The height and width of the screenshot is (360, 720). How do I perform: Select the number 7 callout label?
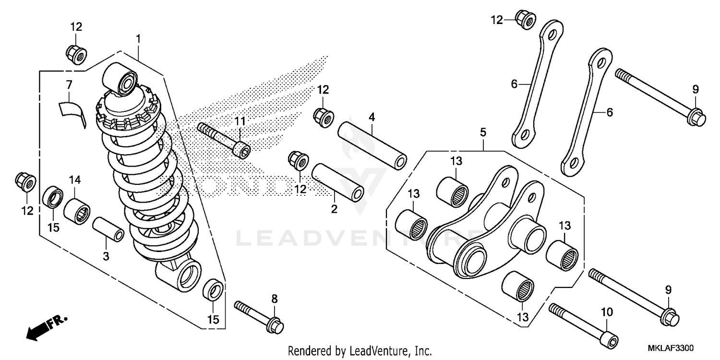tap(69, 85)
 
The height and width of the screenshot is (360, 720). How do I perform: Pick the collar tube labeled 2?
tap(337, 183)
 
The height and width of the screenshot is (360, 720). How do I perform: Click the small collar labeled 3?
tap(108, 229)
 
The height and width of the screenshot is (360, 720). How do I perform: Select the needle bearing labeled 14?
tap(77, 210)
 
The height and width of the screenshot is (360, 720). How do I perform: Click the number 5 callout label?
tap(483, 132)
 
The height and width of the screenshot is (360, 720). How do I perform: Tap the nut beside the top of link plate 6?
tap(525, 19)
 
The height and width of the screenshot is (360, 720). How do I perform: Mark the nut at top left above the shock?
tap(75, 54)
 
